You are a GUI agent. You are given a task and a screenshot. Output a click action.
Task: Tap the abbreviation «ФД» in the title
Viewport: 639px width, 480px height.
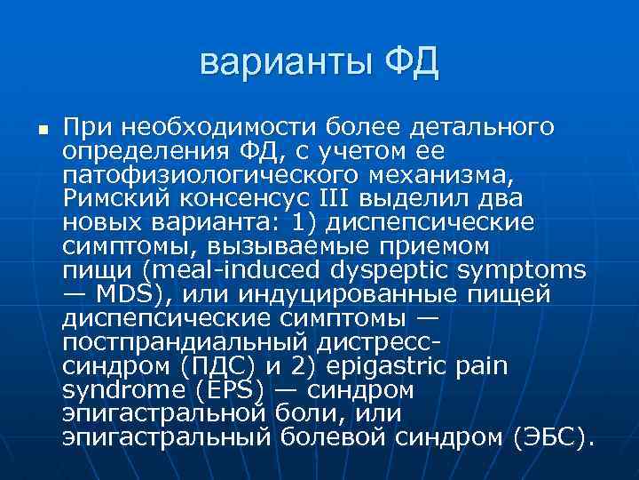click(411, 63)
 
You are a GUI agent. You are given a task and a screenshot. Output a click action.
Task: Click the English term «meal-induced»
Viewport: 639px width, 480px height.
click(210, 268)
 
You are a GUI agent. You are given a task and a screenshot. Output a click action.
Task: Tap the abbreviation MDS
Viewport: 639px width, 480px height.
click(123, 292)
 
